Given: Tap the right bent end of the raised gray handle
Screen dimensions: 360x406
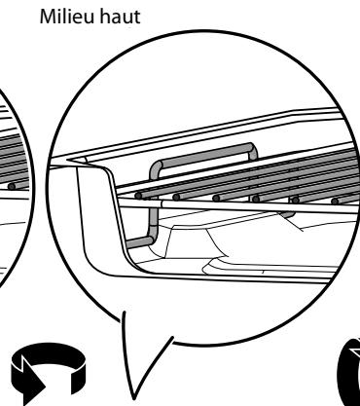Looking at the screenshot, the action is pyautogui.click(x=253, y=156).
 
